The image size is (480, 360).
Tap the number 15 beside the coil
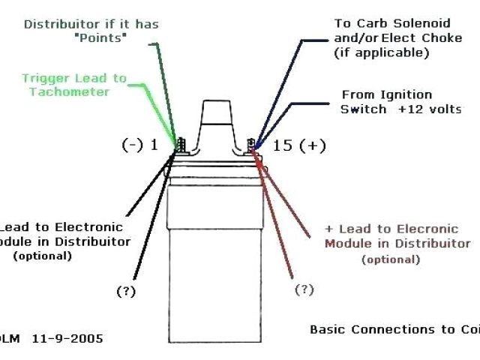coord(282,145)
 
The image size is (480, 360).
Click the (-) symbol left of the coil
coord(132,145)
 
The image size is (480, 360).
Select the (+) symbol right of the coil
coord(312,145)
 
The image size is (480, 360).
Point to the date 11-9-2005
coord(68,338)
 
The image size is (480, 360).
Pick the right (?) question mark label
coord(304,289)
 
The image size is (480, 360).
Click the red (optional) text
coord(390,259)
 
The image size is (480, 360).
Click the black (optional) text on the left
coord(42,256)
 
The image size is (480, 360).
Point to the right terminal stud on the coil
coord(252,142)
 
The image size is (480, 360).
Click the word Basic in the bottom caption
coord(328,329)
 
